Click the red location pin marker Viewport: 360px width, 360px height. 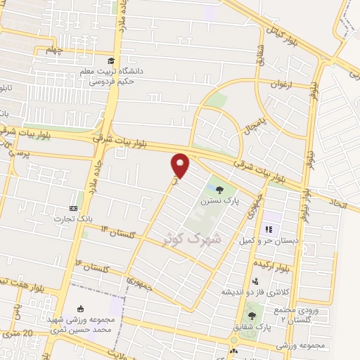click(181, 165)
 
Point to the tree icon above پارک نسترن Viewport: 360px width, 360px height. click(219, 188)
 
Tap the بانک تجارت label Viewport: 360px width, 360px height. click(75, 219)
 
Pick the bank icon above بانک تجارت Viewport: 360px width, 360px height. click(73, 208)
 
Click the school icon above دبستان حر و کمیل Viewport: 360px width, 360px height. click(267, 229)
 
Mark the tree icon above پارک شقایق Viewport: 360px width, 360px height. click(252, 316)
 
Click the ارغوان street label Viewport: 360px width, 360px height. click(281, 84)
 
